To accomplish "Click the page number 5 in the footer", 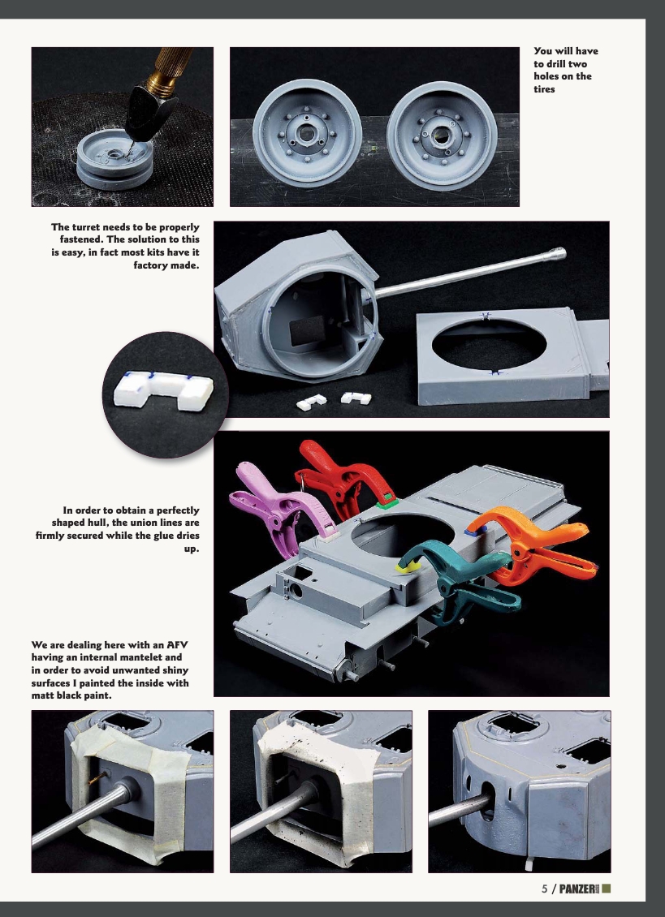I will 545,888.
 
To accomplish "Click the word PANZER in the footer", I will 577,888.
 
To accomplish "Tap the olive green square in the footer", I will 606,888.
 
